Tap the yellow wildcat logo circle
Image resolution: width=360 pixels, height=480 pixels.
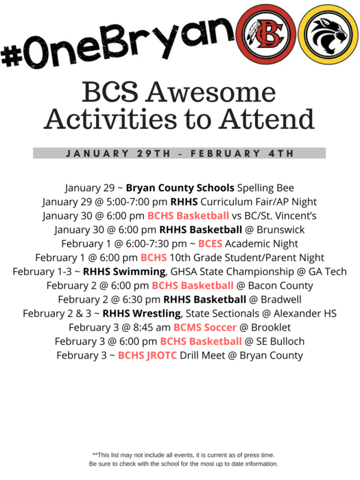(x=328, y=34)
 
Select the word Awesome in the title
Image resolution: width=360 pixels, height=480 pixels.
(x=211, y=92)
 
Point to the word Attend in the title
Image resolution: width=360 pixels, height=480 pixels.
(x=266, y=119)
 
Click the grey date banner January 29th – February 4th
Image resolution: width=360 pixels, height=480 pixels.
(x=180, y=153)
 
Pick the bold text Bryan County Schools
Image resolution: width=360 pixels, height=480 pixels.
(x=180, y=188)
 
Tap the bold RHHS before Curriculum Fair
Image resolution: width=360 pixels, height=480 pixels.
(x=184, y=202)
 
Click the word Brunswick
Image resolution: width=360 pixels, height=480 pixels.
(x=280, y=230)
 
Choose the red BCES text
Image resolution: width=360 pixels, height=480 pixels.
(x=210, y=243)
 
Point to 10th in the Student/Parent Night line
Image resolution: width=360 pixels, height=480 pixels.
(x=180, y=257)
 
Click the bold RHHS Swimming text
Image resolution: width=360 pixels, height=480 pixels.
(x=124, y=272)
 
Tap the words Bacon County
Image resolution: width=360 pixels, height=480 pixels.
(x=280, y=286)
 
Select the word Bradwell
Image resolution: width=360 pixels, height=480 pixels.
(x=281, y=300)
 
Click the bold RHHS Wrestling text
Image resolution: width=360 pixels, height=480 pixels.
(x=141, y=313)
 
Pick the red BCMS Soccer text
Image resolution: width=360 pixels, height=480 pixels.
(x=205, y=327)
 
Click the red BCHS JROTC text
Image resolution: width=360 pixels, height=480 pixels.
(x=147, y=355)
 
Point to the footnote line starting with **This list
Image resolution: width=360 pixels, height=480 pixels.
(x=183, y=455)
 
